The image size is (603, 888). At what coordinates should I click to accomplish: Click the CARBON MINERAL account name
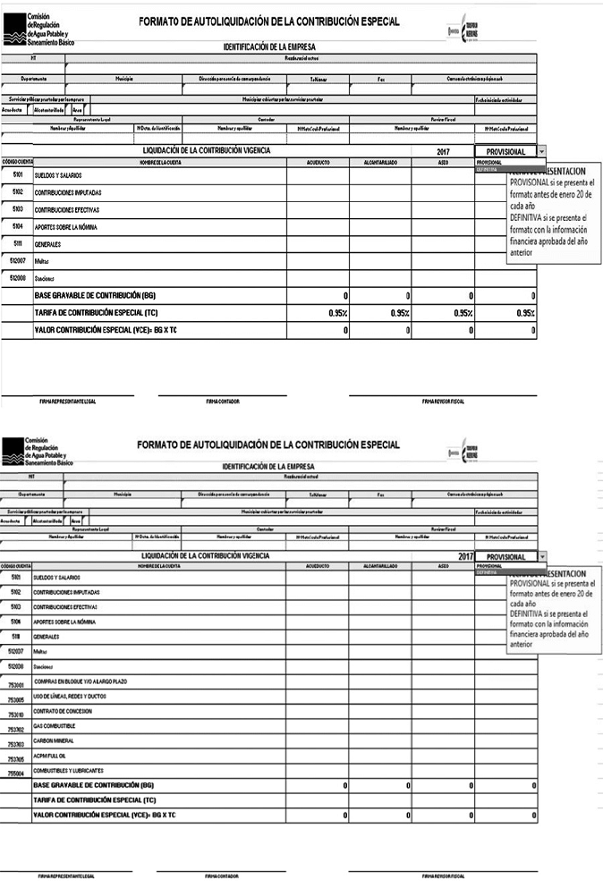(54, 740)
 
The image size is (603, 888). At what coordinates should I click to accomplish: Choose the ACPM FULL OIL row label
(51, 756)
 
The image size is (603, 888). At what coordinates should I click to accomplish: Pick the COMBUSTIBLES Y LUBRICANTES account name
(69, 770)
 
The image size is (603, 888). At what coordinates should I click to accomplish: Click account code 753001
(15, 684)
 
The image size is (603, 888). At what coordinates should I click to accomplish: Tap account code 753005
(15, 699)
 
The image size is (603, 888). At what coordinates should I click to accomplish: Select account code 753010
(15, 715)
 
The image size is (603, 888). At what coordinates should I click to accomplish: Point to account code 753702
(15, 729)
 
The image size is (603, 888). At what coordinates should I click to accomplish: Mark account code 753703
(15, 743)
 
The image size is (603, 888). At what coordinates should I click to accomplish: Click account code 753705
(15, 758)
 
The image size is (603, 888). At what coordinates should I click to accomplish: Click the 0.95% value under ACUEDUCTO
(337, 313)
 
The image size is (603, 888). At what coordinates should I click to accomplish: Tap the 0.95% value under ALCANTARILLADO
(400, 313)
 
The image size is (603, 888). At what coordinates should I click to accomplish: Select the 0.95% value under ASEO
(463, 313)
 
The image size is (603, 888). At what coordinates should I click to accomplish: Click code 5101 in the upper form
(17, 174)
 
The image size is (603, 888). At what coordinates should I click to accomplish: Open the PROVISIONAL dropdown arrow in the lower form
(542, 556)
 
